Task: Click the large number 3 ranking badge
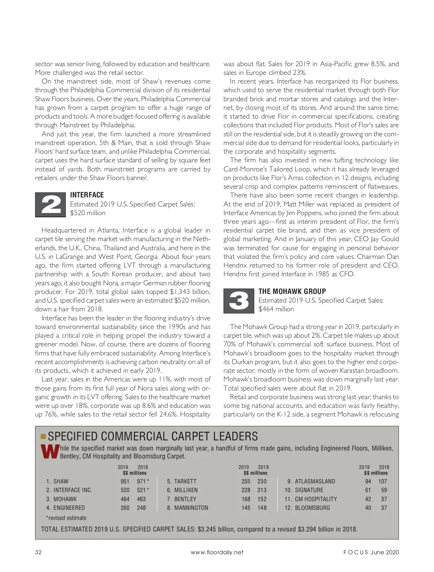(x=239, y=301)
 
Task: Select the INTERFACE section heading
(x=87, y=195)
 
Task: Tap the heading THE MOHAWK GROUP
(x=292, y=291)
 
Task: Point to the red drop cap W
(x=50, y=452)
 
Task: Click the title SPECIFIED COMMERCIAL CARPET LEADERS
(x=153, y=436)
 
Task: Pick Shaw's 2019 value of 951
(x=125, y=481)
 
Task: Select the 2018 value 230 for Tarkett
(x=262, y=481)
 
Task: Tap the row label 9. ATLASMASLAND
(x=311, y=481)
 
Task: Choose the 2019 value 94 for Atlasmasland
(x=368, y=481)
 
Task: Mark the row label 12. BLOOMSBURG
(x=307, y=508)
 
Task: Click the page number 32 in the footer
(x=38, y=552)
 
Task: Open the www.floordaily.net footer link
(x=217, y=552)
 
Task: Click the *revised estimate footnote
(x=66, y=518)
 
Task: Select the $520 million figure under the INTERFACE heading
(x=88, y=213)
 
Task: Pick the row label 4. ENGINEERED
(x=65, y=508)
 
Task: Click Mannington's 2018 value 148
(x=262, y=508)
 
